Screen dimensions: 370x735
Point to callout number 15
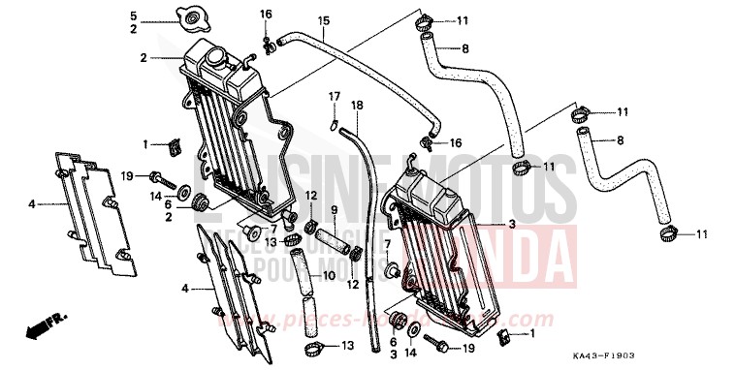pos(324,20)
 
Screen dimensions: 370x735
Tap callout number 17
pos(333,96)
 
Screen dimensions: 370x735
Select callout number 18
pos(357,105)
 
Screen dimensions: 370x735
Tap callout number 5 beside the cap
pos(134,15)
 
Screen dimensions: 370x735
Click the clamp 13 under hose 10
pos(312,348)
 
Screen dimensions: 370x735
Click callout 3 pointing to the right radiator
pos(511,224)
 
